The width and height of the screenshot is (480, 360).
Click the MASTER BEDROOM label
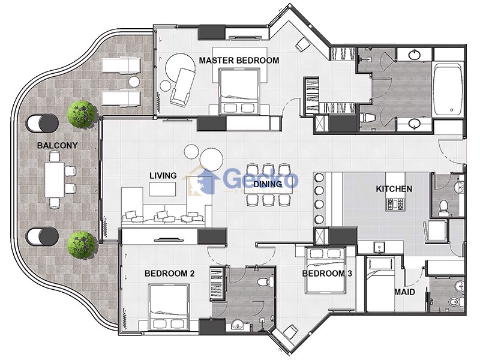[239, 61]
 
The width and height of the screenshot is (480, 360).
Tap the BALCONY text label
[57, 145]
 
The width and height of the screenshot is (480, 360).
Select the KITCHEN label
[394, 189]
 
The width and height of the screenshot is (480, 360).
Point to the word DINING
[268, 184]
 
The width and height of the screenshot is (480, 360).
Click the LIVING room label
[163, 176]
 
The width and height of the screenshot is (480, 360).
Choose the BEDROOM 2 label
[169, 274]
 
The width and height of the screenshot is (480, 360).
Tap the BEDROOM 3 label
[327, 274]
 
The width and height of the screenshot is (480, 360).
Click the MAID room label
[404, 292]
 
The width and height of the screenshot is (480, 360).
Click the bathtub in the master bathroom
[448, 89]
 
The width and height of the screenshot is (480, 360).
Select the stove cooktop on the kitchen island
[395, 204]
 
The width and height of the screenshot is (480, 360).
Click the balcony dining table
[55, 179]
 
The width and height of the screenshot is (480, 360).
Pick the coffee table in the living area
[163, 189]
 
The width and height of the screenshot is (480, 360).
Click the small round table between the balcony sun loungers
[134, 82]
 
